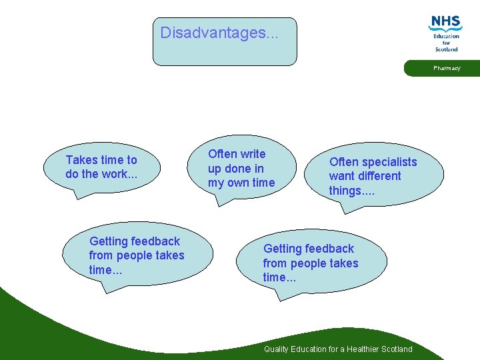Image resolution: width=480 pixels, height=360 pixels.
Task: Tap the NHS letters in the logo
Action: coord(446,22)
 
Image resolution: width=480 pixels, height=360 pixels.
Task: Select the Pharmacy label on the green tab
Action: coord(447,68)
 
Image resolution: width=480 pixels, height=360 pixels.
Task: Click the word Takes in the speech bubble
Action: coord(81,160)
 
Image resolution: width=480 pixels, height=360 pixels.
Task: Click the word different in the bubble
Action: coord(379,176)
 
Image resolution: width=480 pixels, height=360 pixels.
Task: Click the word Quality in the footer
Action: coord(277,349)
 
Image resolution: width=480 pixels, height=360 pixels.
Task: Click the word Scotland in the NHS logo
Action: coord(447,49)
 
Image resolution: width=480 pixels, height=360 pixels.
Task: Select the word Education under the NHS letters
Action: coord(447,36)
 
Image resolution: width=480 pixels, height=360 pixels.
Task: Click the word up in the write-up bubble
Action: coord(215,169)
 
